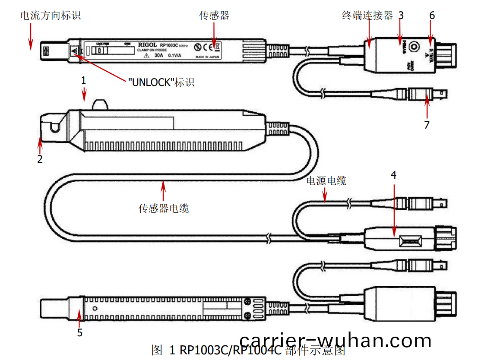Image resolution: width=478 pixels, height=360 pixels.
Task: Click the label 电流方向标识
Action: (x=51, y=16)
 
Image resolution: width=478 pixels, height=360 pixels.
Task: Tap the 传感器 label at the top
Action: (x=214, y=16)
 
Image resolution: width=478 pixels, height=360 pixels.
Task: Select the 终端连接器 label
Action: (x=367, y=16)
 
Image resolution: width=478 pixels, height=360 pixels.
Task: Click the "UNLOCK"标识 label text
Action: (x=161, y=82)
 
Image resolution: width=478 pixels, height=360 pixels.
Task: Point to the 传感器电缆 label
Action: (x=164, y=208)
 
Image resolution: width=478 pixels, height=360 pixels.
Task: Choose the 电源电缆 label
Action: (x=326, y=181)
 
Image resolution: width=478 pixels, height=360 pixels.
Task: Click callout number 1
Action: (x=84, y=80)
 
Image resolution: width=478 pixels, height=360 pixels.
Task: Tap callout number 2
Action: (x=40, y=159)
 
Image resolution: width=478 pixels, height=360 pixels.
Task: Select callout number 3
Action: (x=401, y=16)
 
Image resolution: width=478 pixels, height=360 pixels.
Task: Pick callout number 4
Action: (x=393, y=175)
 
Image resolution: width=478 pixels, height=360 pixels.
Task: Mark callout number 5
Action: (x=80, y=332)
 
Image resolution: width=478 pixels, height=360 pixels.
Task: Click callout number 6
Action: (x=432, y=16)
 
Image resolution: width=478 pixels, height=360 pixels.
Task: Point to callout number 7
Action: (x=427, y=125)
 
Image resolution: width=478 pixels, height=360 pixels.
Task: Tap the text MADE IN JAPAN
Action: (x=207, y=57)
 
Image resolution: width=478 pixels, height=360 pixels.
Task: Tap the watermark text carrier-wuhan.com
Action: (x=336, y=341)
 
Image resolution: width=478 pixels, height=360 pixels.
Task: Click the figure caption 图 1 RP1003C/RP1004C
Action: (x=248, y=350)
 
